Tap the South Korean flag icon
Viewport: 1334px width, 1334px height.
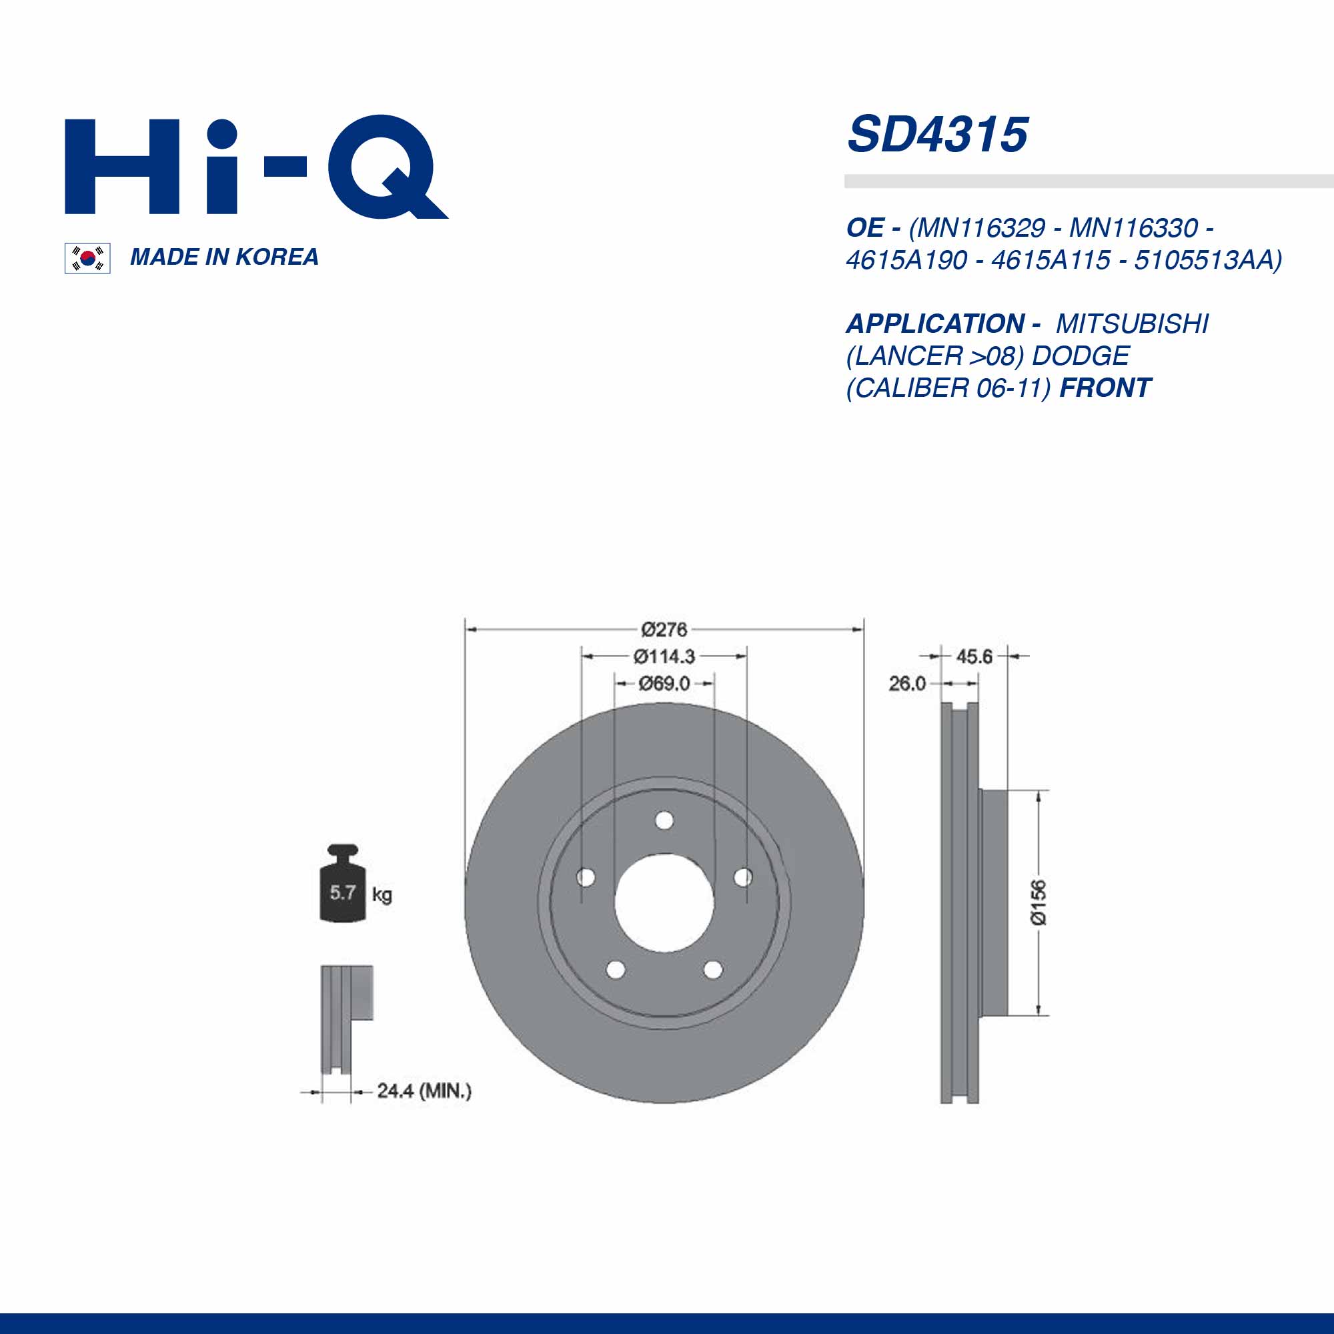[87, 258]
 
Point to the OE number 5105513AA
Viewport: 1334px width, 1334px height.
[1207, 260]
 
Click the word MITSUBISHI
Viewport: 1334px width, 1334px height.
[1133, 324]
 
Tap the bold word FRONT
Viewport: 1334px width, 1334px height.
[1105, 388]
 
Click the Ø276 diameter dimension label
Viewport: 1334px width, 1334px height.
[664, 630]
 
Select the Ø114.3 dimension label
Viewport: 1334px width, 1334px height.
[664, 656]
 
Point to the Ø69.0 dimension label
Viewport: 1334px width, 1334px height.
[664, 684]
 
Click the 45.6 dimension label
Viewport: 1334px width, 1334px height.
[974, 656]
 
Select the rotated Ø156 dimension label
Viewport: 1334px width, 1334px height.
[1038, 902]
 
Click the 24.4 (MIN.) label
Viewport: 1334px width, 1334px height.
[424, 1091]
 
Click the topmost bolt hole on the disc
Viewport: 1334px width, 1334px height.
[664, 821]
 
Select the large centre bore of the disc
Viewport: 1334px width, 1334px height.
[664, 904]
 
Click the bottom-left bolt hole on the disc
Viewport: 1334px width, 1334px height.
[615, 970]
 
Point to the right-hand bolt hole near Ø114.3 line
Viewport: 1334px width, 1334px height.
[743, 878]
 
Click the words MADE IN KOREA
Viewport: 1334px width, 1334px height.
[223, 257]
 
